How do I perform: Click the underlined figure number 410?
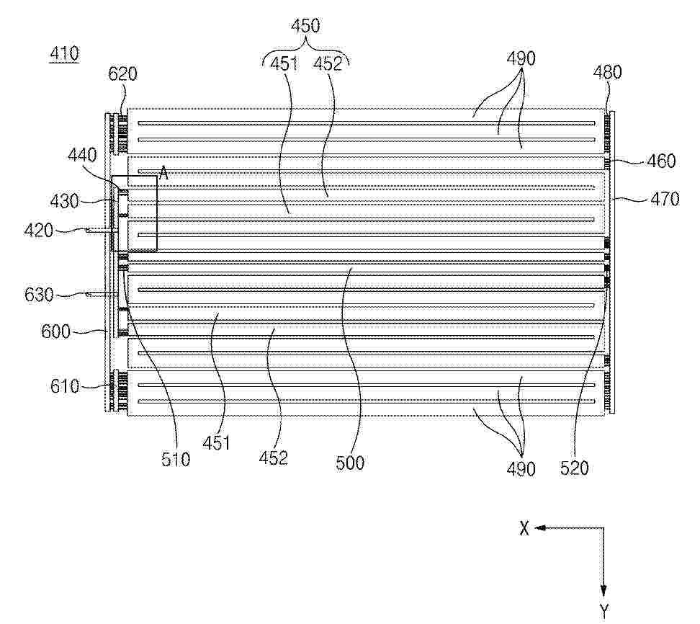[65, 54]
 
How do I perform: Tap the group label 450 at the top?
[306, 25]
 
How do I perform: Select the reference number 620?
[122, 73]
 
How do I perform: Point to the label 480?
[608, 72]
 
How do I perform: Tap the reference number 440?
[83, 156]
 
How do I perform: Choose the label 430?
[65, 202]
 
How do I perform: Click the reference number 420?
[38, 231]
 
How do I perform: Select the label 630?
[39, 295]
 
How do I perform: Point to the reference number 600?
[55, 332]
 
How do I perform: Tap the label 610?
[65, 386]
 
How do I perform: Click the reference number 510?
[176, 459]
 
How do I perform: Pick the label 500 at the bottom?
[350, 463]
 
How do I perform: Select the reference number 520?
[575, 468]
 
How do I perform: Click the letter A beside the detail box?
[163, 174]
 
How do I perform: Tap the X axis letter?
[524, 528]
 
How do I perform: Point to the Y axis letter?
[603, 610]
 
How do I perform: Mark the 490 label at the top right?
[521, 58]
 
